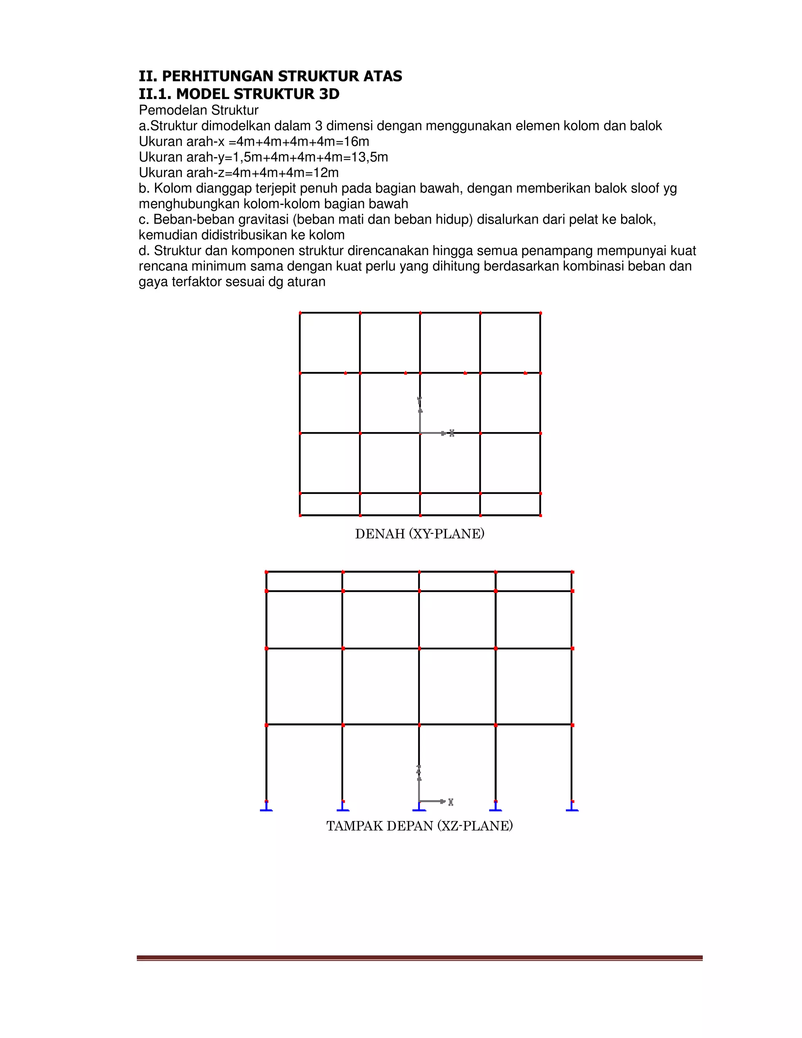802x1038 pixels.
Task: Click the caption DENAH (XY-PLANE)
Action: click(x=419, y=534)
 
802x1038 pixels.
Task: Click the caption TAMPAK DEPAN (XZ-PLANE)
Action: click(x=419, y=826)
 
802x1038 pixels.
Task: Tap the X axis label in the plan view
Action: click(x=452, y=433)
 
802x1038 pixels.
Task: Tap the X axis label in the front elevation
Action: click(x=451, y=802)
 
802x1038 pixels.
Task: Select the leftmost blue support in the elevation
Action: click(x=266, y=808)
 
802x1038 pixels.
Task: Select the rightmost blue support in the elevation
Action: click(x=572, y=808)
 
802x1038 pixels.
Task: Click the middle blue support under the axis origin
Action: click(x=419, y=808)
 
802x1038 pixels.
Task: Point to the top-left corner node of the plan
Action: click(x=300, y=313)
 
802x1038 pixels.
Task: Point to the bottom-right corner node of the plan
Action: click(x=541, y=515)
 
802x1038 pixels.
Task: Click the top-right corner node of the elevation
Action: click(x=572, y=572)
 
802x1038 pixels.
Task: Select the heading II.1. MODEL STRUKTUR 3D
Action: click(x=239, y=94)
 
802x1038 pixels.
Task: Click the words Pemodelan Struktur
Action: click(x=199, y=110)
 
